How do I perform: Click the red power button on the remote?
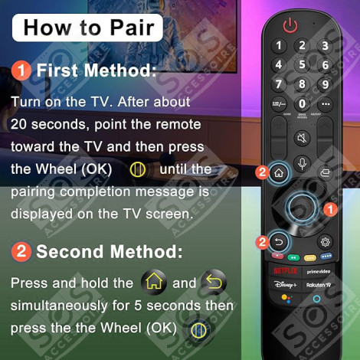(x=290, y=26)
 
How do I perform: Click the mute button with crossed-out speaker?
(x=302, y=139)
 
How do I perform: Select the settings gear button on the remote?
(x=326, y=241)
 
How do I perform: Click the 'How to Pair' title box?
(x=87, y=28)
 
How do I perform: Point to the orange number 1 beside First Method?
(x=21, y=71)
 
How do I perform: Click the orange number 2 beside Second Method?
(x=21, y=250)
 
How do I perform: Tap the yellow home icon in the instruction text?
(x=154, y=282)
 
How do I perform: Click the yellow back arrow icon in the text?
(x=213, y=282)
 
